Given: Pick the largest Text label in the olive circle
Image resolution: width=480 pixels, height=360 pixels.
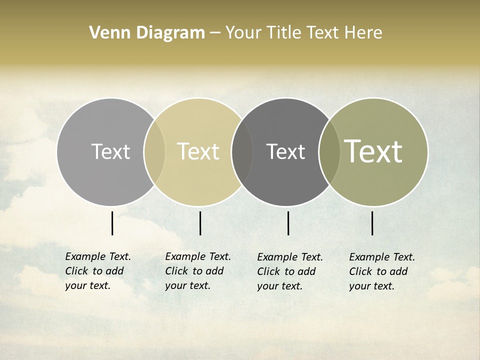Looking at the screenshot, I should point(373,151).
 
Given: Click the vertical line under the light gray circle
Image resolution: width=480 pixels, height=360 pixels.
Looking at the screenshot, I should point(112,223).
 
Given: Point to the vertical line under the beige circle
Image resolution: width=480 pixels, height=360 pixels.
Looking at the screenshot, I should point(200,223).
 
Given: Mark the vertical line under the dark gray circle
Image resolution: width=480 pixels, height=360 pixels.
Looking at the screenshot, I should point(288,223).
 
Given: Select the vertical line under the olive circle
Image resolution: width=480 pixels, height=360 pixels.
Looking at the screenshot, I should point(372,223).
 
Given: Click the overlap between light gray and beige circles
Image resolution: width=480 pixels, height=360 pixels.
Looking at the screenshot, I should point(154,152).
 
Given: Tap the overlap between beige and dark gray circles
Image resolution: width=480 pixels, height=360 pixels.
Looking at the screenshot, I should point(242,152).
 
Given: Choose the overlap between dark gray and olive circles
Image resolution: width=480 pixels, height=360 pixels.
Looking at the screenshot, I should point(329,152).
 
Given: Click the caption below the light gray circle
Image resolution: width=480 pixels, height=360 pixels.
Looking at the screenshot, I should point(97,271).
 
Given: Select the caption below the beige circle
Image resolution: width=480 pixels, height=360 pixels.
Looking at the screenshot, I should point(197,271).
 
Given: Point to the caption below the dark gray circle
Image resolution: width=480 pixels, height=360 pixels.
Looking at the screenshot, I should point(289,271).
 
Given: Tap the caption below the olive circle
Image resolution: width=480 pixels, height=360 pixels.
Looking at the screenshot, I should point(381,271).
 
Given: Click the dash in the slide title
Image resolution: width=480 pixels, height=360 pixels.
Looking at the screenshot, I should point(215,33).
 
